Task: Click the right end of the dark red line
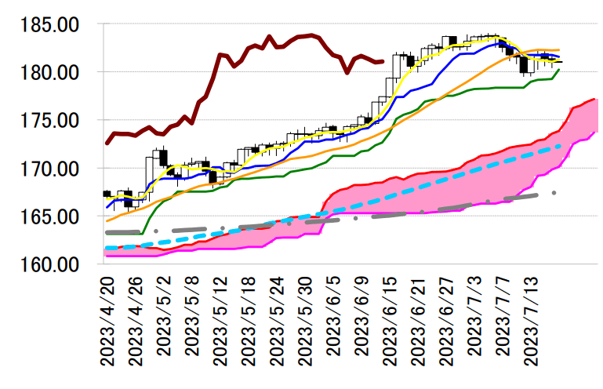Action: [382, 61]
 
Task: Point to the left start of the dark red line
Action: [107, 144]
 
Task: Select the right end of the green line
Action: [558, 70]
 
